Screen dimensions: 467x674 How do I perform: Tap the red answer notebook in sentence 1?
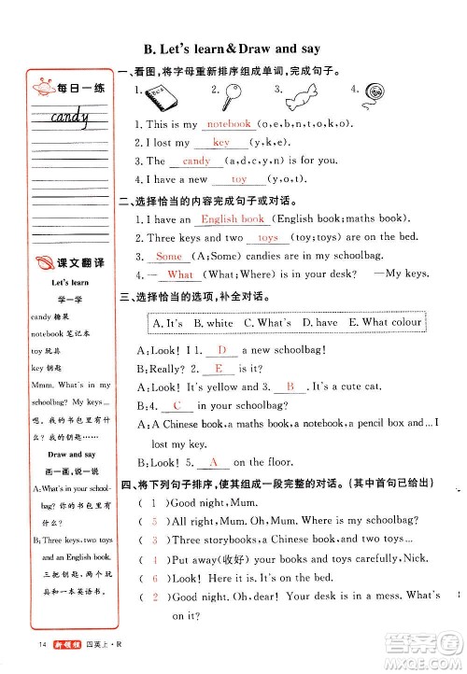(x=229, y=123)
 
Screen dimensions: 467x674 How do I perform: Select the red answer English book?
(x=233, y=219)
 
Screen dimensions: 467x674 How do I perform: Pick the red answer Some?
(x=169, y=257)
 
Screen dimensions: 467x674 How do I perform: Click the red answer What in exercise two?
(x=180, y=275)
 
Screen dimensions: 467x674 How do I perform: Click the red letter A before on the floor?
(x=213, y=462)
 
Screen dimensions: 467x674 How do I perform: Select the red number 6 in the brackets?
(x=154, y=579)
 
